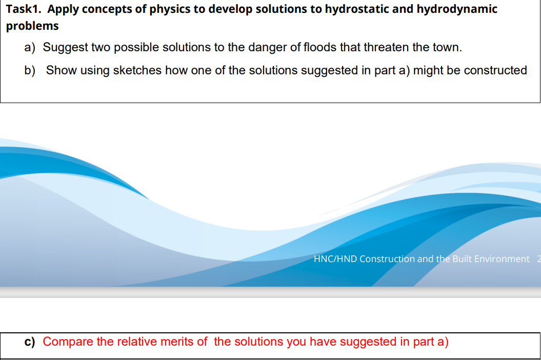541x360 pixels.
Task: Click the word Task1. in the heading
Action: pyautogui.click(x=24, y=9)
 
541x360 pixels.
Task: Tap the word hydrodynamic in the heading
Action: pyautogui.click(x=457, y=9)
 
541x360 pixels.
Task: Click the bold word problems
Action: pyautogui.click(x=32, y=26)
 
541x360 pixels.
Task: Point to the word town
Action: pyautogui.click(x=448, y=47)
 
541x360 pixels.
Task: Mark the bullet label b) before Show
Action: pyautogui.click(x=30, y=70)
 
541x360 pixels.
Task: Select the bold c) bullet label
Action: pyautogui.click(x=30, y=342)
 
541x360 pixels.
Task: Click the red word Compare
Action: pyautogui.click(x=68, y=342)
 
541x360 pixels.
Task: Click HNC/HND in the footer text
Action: pyautogui.click(x=335, y=259)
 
